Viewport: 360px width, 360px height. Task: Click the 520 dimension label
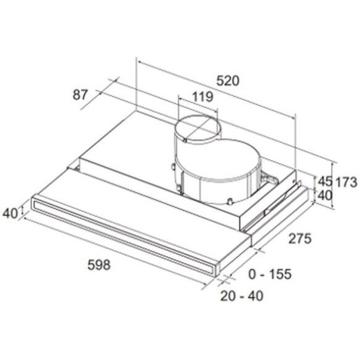228,80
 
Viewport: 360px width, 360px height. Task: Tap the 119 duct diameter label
203,97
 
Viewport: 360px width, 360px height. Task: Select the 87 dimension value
80,94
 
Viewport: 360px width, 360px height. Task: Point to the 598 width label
99,265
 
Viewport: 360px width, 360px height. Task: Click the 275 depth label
300,238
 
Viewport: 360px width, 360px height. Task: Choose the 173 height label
346,182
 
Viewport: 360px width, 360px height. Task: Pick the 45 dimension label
325,181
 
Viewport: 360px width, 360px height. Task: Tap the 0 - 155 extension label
270,274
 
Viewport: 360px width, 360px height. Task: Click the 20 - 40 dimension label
242,296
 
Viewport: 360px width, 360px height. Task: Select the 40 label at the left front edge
10,213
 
